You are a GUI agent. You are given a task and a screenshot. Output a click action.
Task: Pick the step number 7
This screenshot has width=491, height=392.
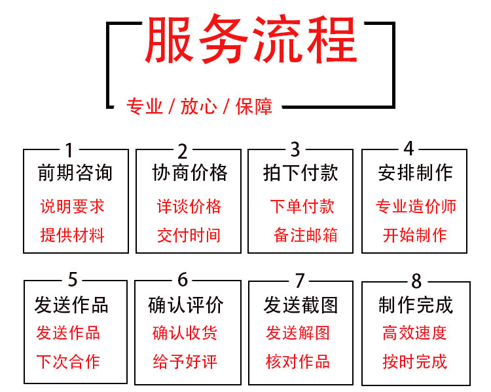pyautogui.click(x=300, y=281)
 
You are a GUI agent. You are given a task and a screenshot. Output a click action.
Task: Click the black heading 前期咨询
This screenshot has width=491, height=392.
pyautogui.click(x=75, y=173)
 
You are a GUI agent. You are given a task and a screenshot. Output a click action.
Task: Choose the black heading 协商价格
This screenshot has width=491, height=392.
pyautogui.click(x=190, y=173)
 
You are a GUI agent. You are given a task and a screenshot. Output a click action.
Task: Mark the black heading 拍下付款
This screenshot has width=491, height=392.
pyautogui.click(x=300, y=173)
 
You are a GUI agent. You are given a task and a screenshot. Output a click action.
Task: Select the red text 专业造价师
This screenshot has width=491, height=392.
pyautogui.click(x=416, y=207)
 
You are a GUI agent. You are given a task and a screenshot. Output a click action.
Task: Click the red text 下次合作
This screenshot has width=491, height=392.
pyautogui.click(x=68, y=361)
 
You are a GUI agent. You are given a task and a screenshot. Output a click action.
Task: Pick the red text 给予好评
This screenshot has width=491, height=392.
pyautogui.click(x=185, y=361)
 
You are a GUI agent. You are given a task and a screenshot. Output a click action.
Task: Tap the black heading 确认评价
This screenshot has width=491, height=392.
pyautogui.click(x=187, y=305)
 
